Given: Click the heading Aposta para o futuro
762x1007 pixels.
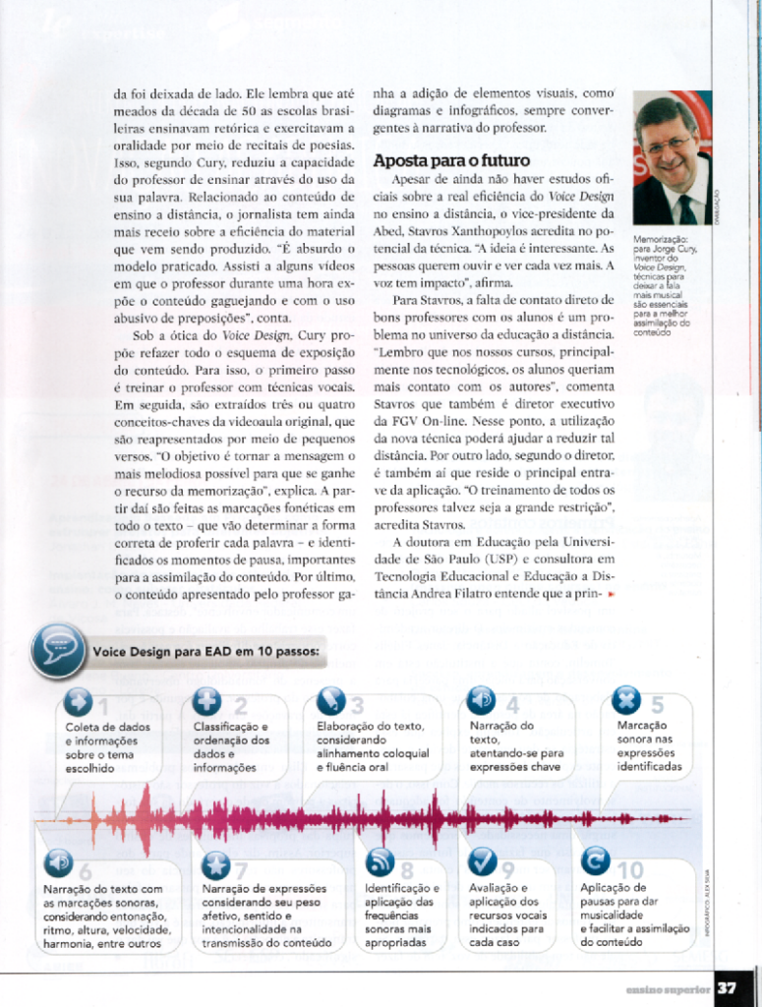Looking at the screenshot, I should click(451, 160).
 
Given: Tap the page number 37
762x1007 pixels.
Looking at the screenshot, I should click(730, 986).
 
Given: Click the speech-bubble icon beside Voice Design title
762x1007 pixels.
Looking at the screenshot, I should click(58, 649).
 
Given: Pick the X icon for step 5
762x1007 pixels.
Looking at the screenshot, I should click(627, 700).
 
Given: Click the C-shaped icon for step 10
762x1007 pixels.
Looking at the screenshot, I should click(595, 861).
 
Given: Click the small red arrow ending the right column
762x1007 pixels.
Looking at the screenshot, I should click(611, 595).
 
